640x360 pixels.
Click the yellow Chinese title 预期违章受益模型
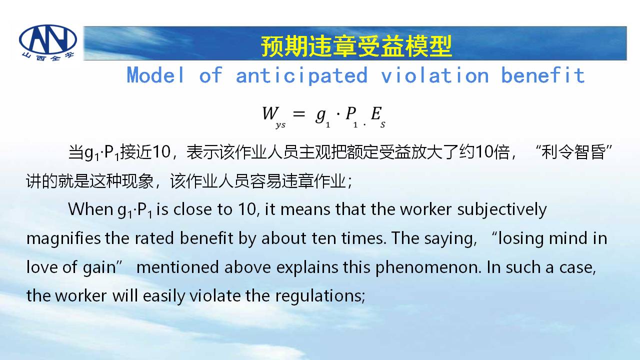[x=356, y=46]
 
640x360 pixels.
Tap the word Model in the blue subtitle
[x=155, y=75]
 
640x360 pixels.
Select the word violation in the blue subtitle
[x=434, y=75]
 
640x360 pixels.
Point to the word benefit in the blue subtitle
[x=543, y=75]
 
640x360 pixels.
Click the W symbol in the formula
[x=270, y=113]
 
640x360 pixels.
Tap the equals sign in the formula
[x=299, y=114]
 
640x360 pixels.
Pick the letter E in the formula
[x=376, y=113]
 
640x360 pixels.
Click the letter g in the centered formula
[x=320, y=115]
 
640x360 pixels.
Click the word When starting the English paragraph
[x=90, y=209]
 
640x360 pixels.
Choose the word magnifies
[x=63, y=239]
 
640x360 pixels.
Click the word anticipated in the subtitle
[x=301, y=75]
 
